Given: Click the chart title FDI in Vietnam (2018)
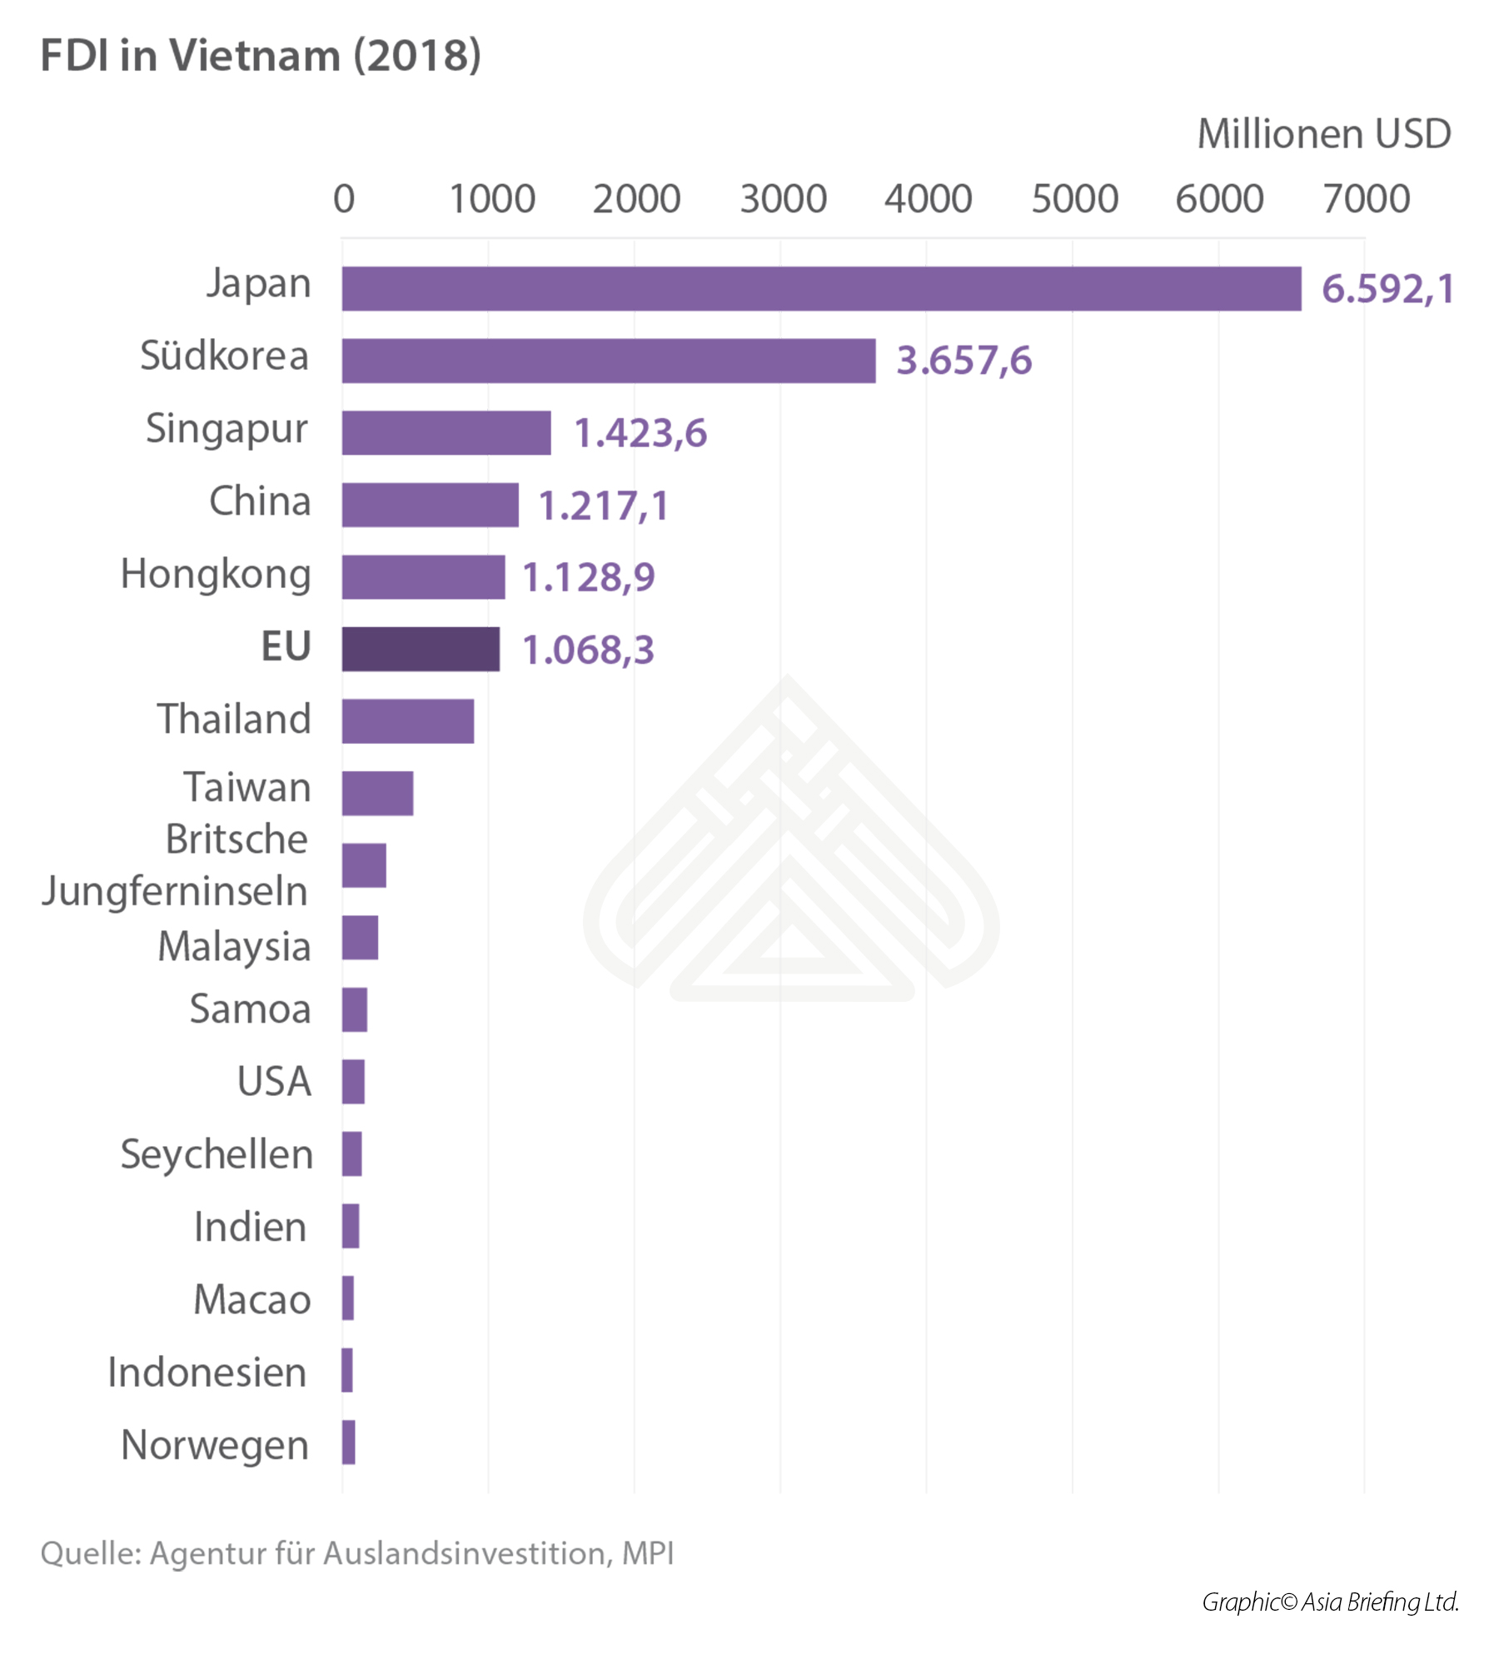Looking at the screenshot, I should coord(261,56).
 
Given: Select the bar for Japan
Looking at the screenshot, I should coord(820,288).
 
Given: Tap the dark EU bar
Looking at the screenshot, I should coord(421,649).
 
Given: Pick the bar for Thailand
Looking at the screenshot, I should coord(407,720).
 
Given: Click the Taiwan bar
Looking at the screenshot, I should coord(377,793).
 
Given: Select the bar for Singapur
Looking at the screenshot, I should coord(446,432).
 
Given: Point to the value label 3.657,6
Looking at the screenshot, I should coord(964,361).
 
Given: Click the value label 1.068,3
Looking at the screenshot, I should coord(588,650).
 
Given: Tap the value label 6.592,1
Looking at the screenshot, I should coord(1387,289).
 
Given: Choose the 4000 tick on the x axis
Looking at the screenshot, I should coord(928,199).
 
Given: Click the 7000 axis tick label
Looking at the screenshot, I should coord(1366,199).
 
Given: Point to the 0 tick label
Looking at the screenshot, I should coord(344,199).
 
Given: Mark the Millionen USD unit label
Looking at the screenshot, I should coord(1324,134).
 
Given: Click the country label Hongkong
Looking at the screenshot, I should coord(216,574).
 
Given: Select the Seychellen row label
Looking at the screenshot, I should coord(217,1154).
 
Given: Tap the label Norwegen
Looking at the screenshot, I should coord(215,1445).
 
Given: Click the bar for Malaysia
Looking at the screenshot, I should coord(360,938).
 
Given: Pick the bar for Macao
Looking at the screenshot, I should coord(348,1298).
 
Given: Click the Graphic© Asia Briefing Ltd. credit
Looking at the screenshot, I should coord(1330,1602).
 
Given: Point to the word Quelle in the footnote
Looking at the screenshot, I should coord(90,1554).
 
